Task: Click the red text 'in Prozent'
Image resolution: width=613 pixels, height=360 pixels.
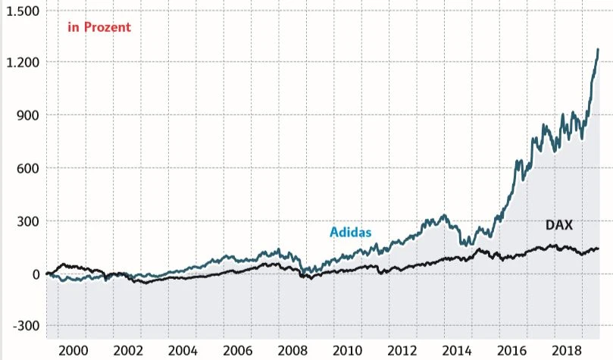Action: click(x=99, y=27)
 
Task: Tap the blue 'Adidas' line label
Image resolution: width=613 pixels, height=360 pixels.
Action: click(x=350, y=232)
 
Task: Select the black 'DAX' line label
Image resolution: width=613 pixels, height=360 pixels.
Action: click(x=559, y=225)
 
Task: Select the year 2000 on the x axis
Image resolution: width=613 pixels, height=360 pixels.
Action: click(x=73, y=350)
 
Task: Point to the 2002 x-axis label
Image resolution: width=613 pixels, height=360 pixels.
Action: click(x=128, y=350)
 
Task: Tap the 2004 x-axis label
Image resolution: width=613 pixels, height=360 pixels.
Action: click(x=183, y=350)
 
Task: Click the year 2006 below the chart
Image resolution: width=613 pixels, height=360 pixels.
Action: click(x=237, y=350)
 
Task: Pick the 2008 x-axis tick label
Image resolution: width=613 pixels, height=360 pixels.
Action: click(x=292, y=350)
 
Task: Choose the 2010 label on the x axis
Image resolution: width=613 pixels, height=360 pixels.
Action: click(x=347, y=350)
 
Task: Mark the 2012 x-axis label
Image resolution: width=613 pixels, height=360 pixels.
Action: click(x=402, y=350)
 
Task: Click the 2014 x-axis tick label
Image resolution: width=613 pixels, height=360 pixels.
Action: click(x=456, y=350)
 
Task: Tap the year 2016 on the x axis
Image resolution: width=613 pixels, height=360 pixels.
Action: click(x=511, y=350)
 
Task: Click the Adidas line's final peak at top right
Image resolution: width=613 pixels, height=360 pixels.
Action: click(x=598, y=49)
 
